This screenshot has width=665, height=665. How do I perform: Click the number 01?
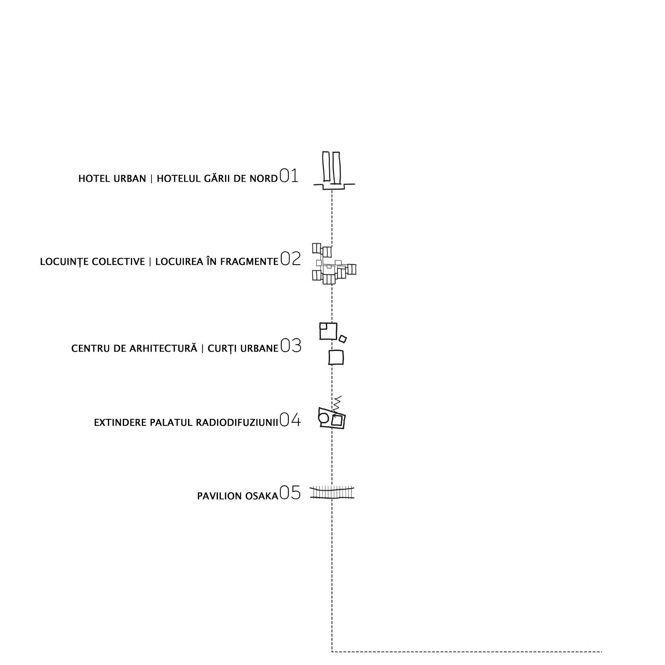(x=289, y=176)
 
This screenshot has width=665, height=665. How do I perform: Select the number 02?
(x=290, y=259)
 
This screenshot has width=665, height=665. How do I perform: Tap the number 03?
(x=290, y=346)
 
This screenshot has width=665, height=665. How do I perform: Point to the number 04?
(x=290, y=420)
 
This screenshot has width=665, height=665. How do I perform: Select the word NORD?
(x=263, y=178)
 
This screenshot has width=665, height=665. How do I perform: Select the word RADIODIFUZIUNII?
(x=237, y=423)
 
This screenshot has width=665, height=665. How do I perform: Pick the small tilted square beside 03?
(x=342, y=339)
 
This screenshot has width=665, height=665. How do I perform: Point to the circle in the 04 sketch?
(x=323, y=418)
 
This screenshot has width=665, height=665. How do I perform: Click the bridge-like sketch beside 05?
(x=332, y=493)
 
